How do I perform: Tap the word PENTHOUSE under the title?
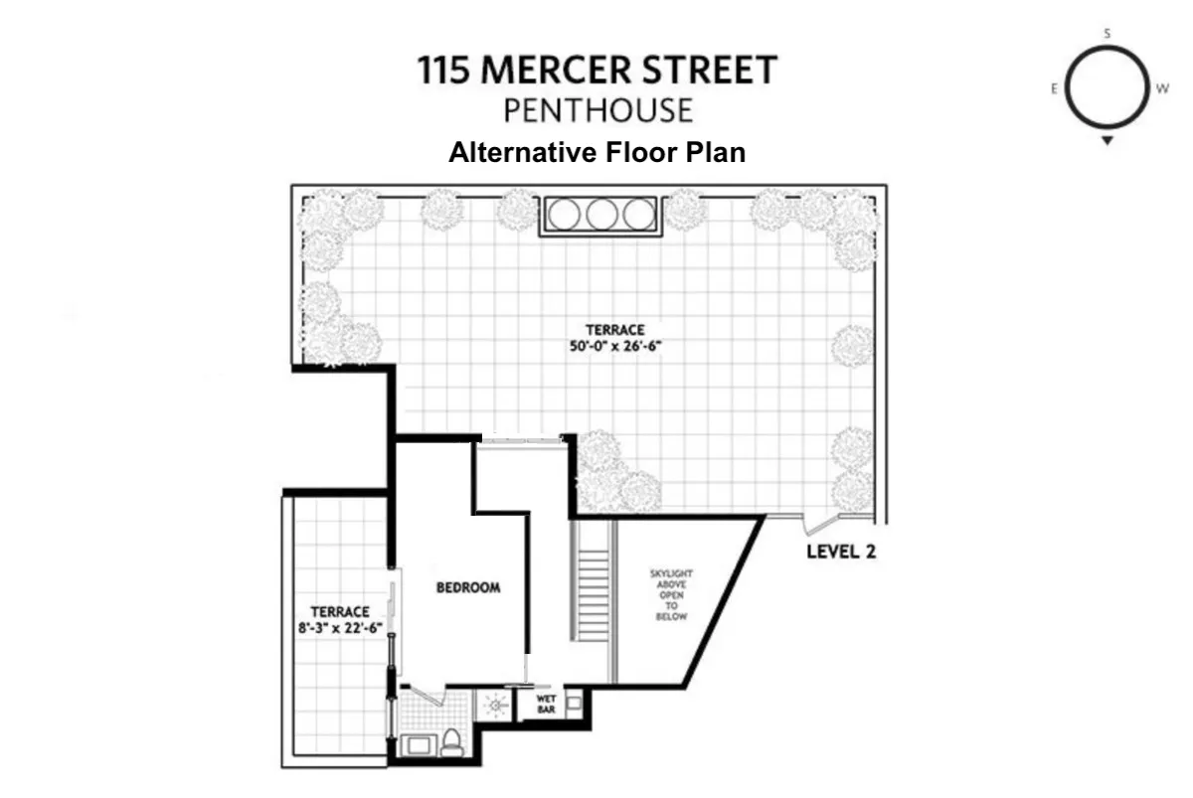coord(596,109)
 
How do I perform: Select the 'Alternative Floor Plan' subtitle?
coord(596,153)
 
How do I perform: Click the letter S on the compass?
coord(1107,34)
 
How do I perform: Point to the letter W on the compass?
coord(1161,87)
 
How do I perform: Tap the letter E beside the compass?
coord(1053,88)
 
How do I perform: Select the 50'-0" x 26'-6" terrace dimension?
coord(614,347)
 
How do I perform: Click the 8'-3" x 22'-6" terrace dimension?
coord(340,627)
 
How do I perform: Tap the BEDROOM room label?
coord(468,587)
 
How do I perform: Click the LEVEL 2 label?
coord(840,553)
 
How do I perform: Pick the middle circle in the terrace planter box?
coord(599,214)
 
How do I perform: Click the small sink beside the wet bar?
coord(575,703)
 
